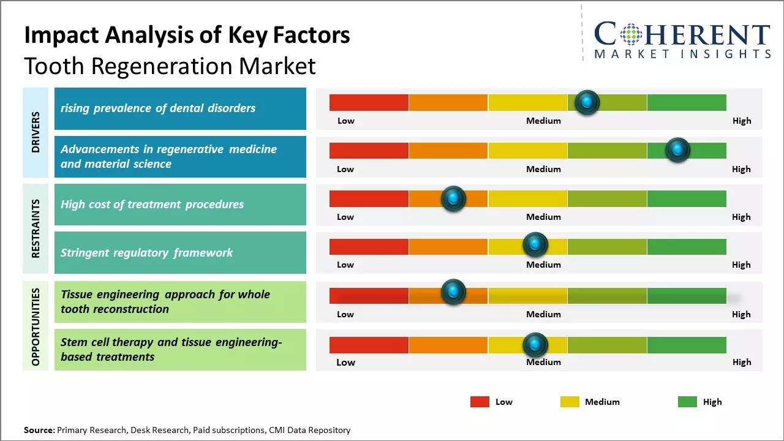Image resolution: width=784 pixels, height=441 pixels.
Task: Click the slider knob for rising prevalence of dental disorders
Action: coord(587,102)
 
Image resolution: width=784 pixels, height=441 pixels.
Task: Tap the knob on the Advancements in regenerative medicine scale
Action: coord(677,150)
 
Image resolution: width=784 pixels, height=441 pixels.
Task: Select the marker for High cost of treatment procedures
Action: coord(453,198)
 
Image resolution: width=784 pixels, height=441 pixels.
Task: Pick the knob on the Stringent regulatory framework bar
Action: coord(535,245)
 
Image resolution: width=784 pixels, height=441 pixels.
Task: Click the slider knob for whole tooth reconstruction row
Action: coord(453,292)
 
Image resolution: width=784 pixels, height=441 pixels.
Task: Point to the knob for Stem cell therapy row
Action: coord(535,345)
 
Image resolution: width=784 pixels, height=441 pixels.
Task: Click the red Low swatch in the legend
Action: coord(480,402)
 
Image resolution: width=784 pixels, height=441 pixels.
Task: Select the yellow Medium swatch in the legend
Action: coord(570,402)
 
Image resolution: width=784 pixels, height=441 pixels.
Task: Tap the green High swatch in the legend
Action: coord(687,402)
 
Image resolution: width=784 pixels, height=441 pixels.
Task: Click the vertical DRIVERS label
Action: coord(36,132)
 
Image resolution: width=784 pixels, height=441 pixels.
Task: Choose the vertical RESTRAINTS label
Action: coord(36,228)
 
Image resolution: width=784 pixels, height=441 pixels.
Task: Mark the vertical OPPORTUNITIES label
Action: coord(36,326)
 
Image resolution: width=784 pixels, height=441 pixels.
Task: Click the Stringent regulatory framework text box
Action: coord(180,252)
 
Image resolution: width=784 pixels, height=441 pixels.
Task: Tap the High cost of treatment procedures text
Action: coord(152,205)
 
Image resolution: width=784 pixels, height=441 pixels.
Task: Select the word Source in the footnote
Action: coord(39,430)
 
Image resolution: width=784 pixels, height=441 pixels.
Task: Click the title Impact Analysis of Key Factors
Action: coord(187,35)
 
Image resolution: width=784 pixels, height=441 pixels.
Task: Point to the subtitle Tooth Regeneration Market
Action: coord(170,66)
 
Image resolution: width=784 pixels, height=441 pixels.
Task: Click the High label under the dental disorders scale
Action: coord(741,121)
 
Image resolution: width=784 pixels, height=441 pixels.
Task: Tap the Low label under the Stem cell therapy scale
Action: coord(345,362)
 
